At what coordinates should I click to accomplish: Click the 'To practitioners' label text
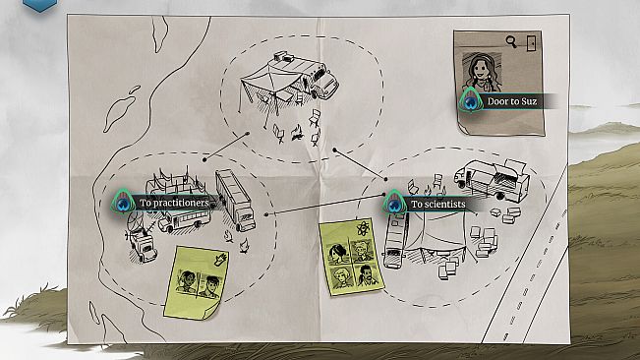[x=174, y=203]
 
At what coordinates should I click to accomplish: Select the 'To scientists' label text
[x=437, y=204]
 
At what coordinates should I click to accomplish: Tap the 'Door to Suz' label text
[x=512, y=101]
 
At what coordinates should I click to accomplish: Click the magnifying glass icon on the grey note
[x=510, y=41]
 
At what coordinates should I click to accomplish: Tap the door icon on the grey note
[x=531, y=43]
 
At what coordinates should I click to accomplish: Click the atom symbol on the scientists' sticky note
[x=363, y=229]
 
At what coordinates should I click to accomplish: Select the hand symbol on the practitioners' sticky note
[x=221, y=260]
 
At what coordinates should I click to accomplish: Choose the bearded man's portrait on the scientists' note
[x=367, y=274]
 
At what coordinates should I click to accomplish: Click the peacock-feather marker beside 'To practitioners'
[x=123, y=202]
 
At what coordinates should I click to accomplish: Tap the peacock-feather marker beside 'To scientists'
[x=394, y=203]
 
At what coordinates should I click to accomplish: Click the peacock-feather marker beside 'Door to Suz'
[x=471, y=100]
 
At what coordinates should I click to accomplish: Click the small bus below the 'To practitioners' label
[x=185, y=220]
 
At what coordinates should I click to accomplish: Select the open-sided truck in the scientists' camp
[x=492, y=179]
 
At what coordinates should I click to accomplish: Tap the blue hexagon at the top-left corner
[x=39, y=5]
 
